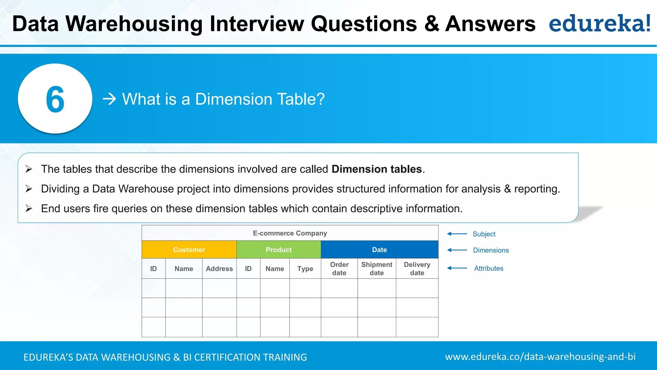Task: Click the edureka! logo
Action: pyautogui.click(x=600, y=24)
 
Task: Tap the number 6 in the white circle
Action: pyautogui.click(x=55, y=100)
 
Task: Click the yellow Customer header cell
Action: pyautogui.click(x=189, y=250)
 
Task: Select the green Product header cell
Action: pyautogui.click(x=278, y=250)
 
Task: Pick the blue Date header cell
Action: pyautogui.click(x=379, y=250)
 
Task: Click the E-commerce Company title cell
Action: pyautogui.click(x=290, y=233)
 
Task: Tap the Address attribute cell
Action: pyautogui.click(x=219, y=269)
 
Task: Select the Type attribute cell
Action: pyautogui.click(x=305, y=269)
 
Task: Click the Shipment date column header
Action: pyautogui.click(x=377, y=269)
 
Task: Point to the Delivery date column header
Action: pyautogui.click(x=417, y=269)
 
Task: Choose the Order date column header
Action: pyautogui.click(x=339, y=269)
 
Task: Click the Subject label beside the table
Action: pyautogui.click(x=484, y=234)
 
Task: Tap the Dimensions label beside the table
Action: pyautogui.click(x=491, y=250)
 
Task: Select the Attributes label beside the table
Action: pyautogui.click(x=488, y=268)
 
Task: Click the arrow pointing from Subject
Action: pyautogui.click(x=457, y=234)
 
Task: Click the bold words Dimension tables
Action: pyautogui.click(x=376, y=169)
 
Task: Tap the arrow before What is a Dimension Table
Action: pyautogui.click(x=109, y=99)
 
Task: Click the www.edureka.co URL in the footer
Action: pyautogui.click(x=540, y=357)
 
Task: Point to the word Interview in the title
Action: pyautogui.click(x=257, y=24)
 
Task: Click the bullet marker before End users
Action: pyautogui.click(x=29, y=208)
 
